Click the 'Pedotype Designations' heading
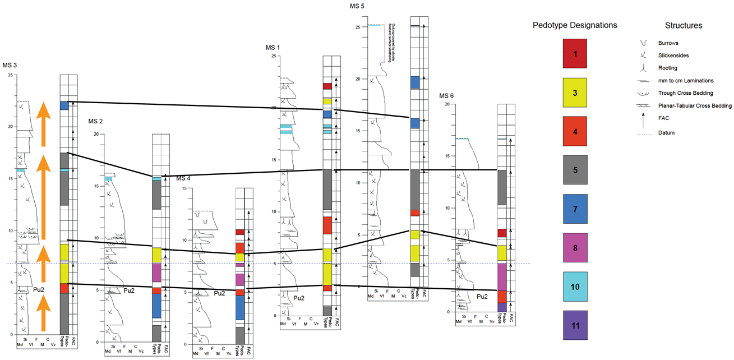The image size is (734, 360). click(x=575, y=25)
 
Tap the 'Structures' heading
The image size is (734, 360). click(x=684, y=25)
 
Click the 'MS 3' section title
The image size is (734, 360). click(x=10, y=66)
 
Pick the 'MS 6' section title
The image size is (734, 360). click(x=446, y=95)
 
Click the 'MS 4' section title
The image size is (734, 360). click(x=184, y=178)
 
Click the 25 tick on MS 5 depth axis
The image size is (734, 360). click(x=357, y=27)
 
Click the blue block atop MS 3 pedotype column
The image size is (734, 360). click(x=64, y=105)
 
